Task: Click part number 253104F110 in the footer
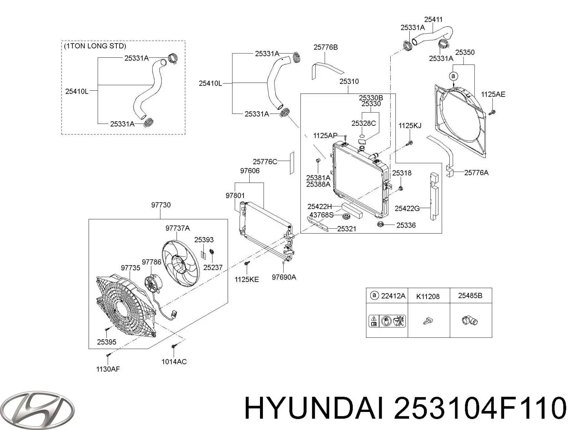tap(480, 408)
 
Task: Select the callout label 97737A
tap(178, 228)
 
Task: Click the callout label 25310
tap(349, 82)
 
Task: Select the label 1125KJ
tap(410, 125)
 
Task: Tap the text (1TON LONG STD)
tap(95, 46)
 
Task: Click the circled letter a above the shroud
tap(453, 76)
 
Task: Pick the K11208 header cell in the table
tap(428, 296)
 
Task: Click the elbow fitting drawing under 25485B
tap(470, 320)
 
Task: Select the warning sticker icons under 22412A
tap(387, 320)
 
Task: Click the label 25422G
tap(407, 208)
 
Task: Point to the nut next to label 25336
tap(381, 225)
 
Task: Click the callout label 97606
tap(250, 171)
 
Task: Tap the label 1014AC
tap(174, 362)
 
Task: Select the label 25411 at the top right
tap(433, 20)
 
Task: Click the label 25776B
tap(326, 47)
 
